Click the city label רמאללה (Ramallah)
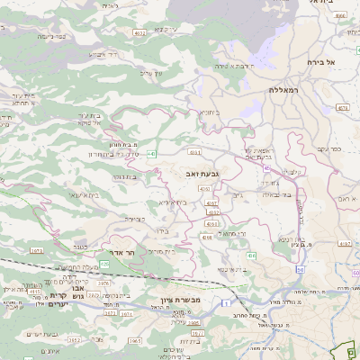(x=283, y=90)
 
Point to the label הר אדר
(x=120, y=253)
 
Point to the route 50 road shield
(x=300, y=270)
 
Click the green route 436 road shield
(x=251, y=256)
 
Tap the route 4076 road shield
(x=104, y=283)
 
